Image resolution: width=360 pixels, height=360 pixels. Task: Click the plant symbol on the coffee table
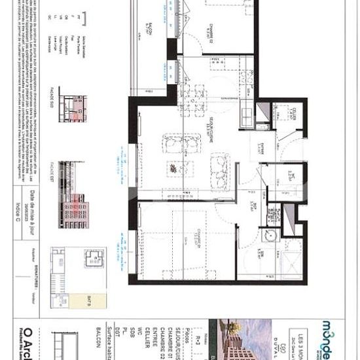pyautogui.click(x=172, y=169)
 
